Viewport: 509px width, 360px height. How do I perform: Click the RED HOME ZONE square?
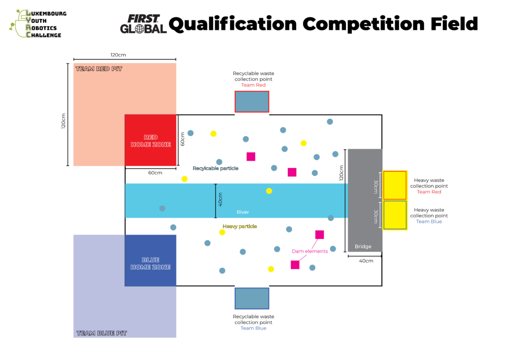(x=150, y=140)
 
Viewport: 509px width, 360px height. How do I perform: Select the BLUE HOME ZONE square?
(x=150, y=260)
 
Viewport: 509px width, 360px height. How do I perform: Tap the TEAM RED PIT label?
(x=98, y=69)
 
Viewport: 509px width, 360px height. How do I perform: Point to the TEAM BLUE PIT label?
(x=101, y=333)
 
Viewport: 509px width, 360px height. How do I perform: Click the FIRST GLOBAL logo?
(x=143, y=24)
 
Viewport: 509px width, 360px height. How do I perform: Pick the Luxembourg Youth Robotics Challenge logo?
(x=38, y=23)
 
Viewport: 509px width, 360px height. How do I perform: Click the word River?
(x=243, y=212)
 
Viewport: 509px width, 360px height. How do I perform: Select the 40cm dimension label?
(x=220, y=199)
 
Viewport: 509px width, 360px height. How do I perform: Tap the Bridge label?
(x=363, y=247)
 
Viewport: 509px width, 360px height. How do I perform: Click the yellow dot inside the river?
(x=269, y=191)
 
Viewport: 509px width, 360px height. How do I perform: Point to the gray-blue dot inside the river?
(x=162, y=208)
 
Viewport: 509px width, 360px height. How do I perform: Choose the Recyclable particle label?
(x=215, y=169)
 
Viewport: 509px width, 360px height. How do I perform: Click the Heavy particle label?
(x=240, y=226)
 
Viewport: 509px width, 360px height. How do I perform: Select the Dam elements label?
(x=310, y=251)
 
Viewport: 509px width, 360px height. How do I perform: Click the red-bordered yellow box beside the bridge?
(x=395, y=185)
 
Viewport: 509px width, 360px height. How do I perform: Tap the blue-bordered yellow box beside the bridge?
(x=395, y=215)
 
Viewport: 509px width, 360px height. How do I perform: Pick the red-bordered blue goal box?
(x=252, y=101)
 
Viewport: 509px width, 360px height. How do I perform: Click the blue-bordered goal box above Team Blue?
(x=252, y=298)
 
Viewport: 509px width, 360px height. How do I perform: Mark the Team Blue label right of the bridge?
(x=428, y=222)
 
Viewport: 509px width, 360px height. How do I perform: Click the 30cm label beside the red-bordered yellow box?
(x=376, y=186)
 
